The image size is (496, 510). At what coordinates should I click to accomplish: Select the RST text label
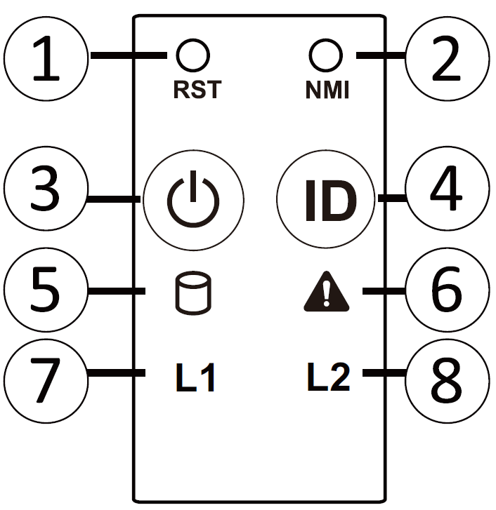point(197,90)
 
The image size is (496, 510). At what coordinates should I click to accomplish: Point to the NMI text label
point(327,90)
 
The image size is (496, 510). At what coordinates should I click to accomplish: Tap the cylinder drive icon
point(193,293)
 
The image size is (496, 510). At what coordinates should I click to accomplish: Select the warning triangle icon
point(326,291)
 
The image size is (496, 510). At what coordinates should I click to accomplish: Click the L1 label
point(195,377)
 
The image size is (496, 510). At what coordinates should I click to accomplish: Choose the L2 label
point(329,377)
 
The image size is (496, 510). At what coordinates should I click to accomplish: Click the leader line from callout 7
point(116,373)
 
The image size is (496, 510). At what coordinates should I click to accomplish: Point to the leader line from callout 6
point(384,291)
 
